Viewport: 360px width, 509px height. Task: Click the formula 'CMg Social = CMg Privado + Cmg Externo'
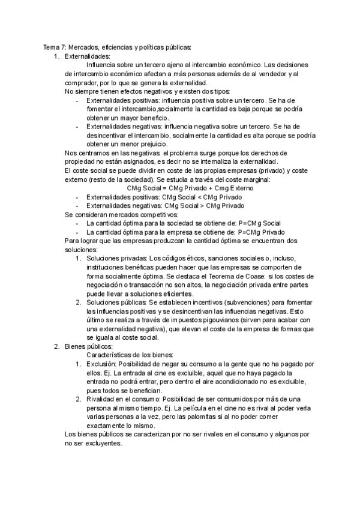click(x=190, y=188)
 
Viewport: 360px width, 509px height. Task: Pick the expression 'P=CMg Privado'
click(x=262, y=232)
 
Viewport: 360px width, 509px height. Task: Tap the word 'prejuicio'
click(x=152, y=144)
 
